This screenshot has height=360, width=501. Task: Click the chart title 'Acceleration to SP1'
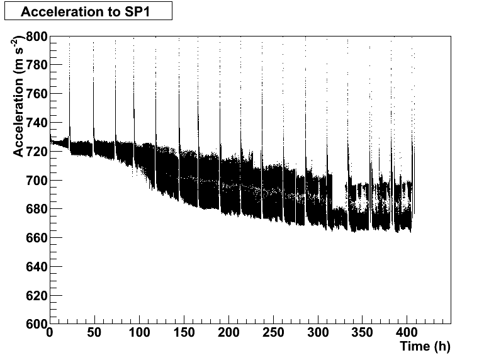[x=87, y=12]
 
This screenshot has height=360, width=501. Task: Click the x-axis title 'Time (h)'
[x=425, y=346]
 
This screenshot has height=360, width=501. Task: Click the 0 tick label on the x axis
[x=50, y=333]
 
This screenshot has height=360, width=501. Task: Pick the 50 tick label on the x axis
[x=94, y=333]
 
